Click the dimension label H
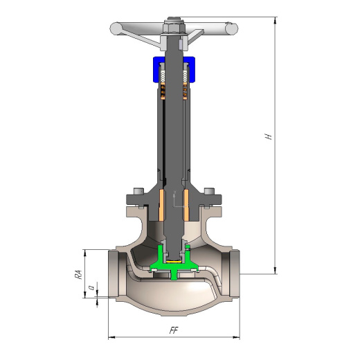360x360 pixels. click(x=268, y=136)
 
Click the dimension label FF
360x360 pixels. click(x=174, y=330)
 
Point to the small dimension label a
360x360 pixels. click(x=92, y=288)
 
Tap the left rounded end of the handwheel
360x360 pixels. click(x=114, y=28)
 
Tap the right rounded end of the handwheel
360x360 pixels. click(x=232, y=28)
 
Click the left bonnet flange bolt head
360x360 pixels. click(x=139, y=191)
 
